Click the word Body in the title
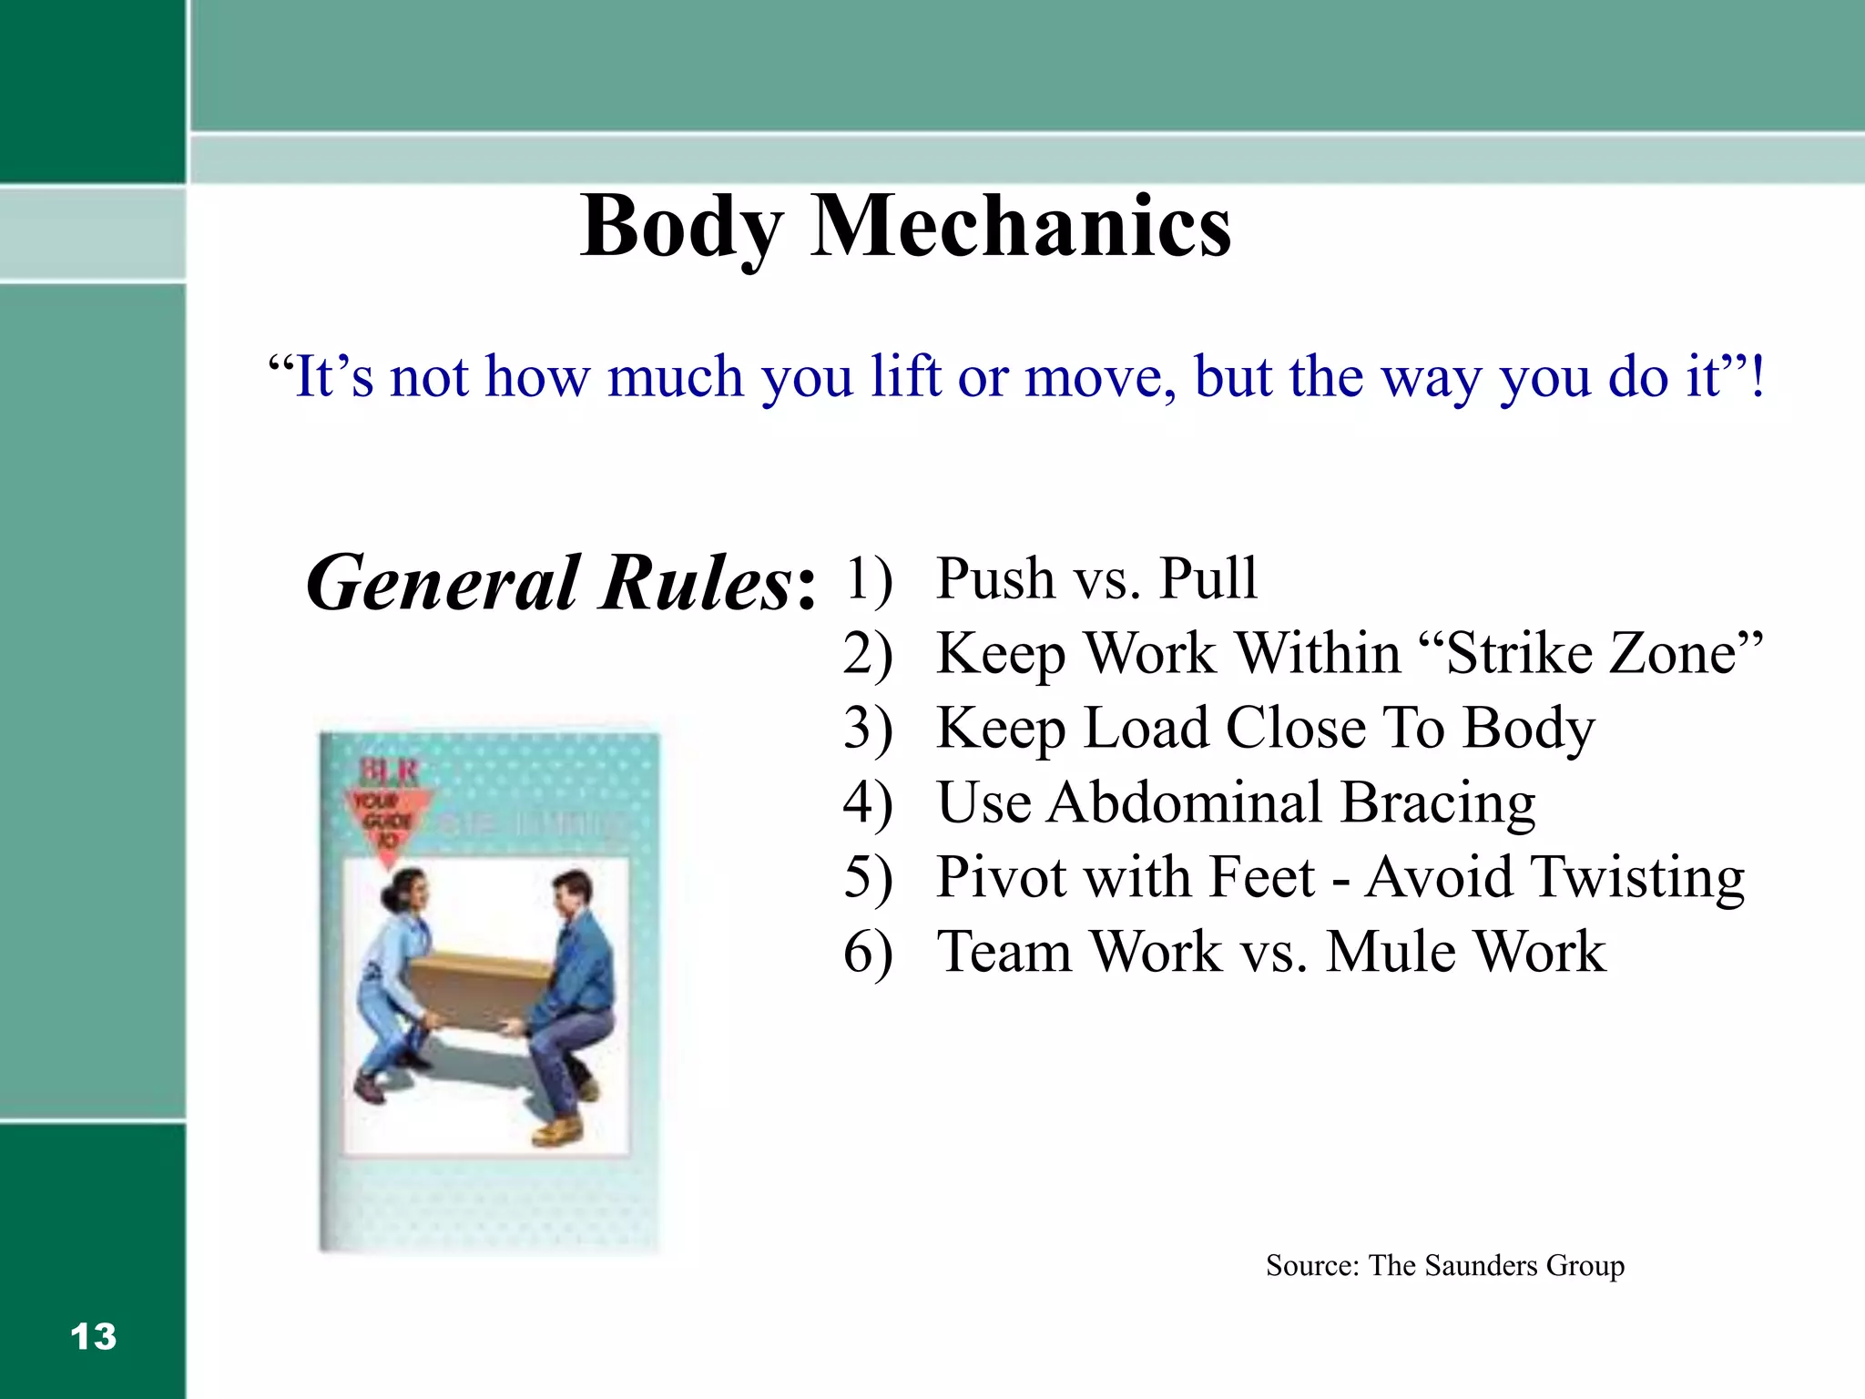681,228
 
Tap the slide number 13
93,1336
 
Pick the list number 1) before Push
868,578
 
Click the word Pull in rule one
1208,578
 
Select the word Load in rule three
1148,728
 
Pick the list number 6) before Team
868,952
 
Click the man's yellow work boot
558,1130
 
